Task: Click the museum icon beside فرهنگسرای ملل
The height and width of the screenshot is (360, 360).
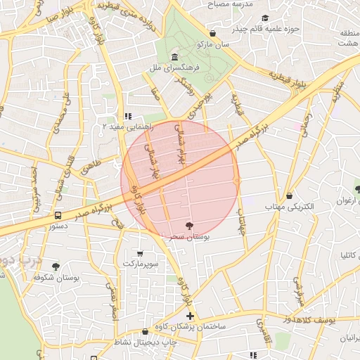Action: click(x=174, y=57)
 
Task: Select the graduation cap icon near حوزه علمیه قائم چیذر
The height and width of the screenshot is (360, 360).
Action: click(x=265, y=18)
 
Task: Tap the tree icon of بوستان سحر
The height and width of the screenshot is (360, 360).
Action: click(x=189, y=226)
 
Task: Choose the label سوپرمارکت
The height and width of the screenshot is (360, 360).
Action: click(x=139, y=264)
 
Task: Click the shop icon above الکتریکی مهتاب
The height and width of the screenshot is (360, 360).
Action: click(x=290, y=196)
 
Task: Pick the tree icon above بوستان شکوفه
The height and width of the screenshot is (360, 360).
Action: click(x=56, y=266)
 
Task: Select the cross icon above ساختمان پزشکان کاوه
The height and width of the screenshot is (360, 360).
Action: click(x=190, y=316)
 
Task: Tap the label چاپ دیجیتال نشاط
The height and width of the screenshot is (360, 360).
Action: click(x=122, y=342)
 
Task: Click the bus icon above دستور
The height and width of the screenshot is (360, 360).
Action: click(x=58, y=215)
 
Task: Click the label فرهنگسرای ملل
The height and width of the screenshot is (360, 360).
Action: click(x=172, y=69)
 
